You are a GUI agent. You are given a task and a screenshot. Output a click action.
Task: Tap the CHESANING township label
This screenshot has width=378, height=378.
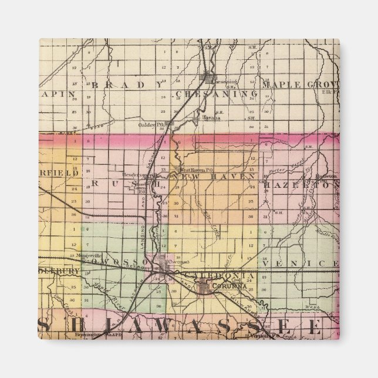click(216, 93)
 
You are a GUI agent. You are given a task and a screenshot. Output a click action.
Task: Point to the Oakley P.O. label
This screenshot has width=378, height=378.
click(155, 124)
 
